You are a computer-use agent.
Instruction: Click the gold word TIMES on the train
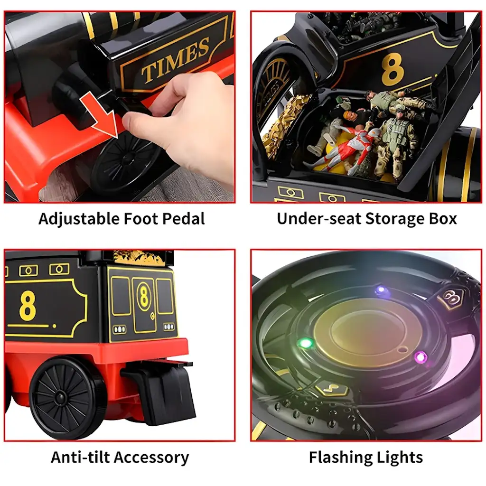pyautogui.click(x=175, y=60)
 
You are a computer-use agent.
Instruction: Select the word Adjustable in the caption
pyautogui.click(x=79, y=219)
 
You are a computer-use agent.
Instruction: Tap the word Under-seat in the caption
pyautogui.click(x=319, y=218)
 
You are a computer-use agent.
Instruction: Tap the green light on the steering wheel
pyautogui.click(x=306, y=343)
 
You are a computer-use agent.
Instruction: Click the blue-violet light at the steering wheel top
pyautogui.click(x=381, y=290)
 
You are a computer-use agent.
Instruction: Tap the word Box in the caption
pyautogui.click(x=443, y=218)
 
